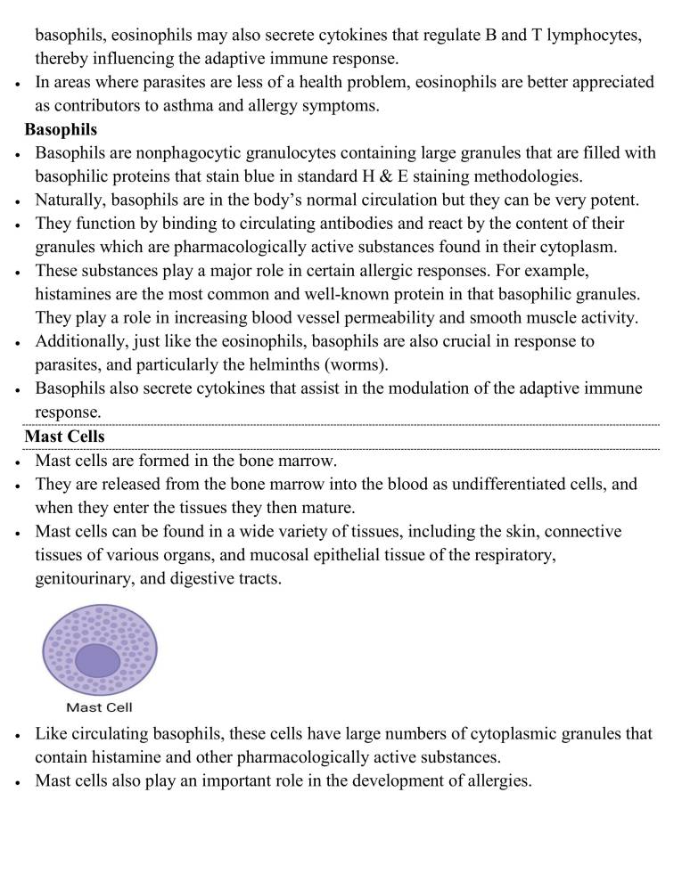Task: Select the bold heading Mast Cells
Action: pyautogui.click(x=64, y=437)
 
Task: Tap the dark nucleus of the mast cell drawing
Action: pyautogui.click(x=97, y=661)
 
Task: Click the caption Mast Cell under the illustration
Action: pyautogui.click(x=100, y=708)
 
